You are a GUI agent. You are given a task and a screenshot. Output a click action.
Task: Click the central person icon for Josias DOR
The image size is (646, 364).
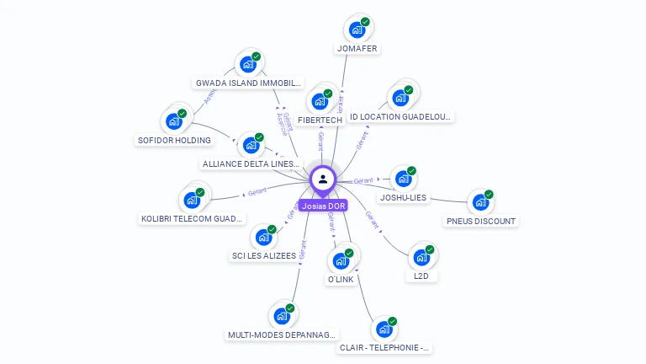pyautogui.click(x=323, y=179)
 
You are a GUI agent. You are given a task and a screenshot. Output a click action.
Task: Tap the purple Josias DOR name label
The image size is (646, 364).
pyautogui.click(x=324, y=206)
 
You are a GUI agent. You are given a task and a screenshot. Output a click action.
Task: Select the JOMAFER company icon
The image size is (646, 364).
pyautogui.click(x=357, y=29)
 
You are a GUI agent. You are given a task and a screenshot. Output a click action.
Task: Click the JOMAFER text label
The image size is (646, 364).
pyautogui.click(x=357, y=49)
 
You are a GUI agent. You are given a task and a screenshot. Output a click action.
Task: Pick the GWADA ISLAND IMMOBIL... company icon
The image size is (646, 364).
pyautogui.click(x=247, y=64)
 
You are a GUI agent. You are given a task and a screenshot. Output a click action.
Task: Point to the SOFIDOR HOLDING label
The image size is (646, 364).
pyautogui.click(x=173, y=140)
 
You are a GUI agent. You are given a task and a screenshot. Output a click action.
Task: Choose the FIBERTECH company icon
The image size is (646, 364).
pyautogui.click(x=319, y=101)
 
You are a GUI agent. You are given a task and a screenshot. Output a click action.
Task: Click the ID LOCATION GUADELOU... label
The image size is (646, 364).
pyautogui.click(x=401, y=117)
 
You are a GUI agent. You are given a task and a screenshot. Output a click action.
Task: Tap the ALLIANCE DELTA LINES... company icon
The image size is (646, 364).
pyautogui.click(x=249, y=145)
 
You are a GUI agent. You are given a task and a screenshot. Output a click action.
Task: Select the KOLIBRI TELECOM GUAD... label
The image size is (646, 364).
pyautogui.click(x=193, y=219)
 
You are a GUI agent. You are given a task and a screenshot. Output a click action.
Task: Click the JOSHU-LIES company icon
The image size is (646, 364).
pyautogui.click(x=403, y=179)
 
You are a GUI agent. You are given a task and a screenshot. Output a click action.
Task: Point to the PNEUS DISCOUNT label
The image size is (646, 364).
pyautogui.click(x=480, y=222)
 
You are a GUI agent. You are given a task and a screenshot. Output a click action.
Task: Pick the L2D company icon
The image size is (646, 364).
pyautogui.click(x=421, y=256)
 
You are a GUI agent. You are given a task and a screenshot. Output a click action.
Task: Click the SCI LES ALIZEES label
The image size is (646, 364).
pyautogui.click(x=263, y=256)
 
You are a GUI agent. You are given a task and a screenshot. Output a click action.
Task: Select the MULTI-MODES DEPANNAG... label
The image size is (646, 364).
pyautogui.click(x=283, y=335)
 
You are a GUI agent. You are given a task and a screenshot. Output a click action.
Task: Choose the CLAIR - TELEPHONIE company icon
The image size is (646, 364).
pyautogui.click(x=384, y=329)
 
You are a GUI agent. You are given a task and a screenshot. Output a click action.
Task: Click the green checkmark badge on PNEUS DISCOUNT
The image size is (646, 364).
pyautogui.click(x=489, y=194)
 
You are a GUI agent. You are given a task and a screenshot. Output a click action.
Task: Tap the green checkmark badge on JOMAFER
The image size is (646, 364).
pyautogui.click(x=365, y=22)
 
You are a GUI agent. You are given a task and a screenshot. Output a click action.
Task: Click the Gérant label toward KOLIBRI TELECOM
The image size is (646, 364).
pyautogui.click(x=257, y=192)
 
